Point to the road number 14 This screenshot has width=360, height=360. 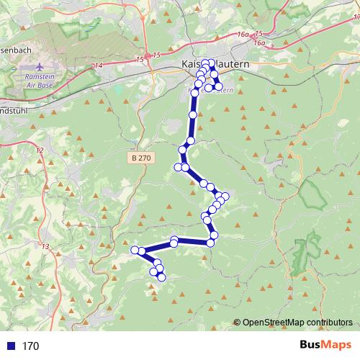click(99, 66)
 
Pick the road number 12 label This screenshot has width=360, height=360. click(40, 150)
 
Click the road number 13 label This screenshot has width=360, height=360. click(46, 247)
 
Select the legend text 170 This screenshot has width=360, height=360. click(30, 346)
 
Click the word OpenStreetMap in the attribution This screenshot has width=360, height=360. click(274, 323)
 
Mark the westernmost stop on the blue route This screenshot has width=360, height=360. click(135, 250)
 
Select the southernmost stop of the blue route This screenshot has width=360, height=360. click(161, 276)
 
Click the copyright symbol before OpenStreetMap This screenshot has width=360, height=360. click(237, 323)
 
